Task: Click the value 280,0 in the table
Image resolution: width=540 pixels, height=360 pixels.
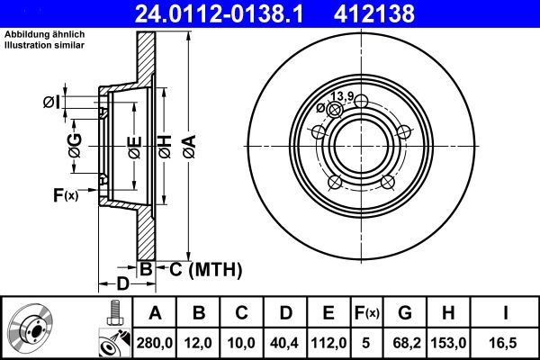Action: point(154,343)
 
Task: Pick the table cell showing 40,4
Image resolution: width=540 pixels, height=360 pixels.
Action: point(283,343)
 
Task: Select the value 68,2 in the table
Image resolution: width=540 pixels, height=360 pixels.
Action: point(405,343)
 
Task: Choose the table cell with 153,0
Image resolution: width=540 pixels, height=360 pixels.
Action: point(449,343)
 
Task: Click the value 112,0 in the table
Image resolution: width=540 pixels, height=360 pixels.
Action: point(328,343)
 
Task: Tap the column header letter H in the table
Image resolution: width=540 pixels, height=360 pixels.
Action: point(449,312)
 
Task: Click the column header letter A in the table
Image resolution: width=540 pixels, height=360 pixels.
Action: point(154,312)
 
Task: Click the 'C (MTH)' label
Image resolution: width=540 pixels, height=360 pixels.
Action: point(199,267)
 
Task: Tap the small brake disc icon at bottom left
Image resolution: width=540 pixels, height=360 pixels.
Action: point(32,329)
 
